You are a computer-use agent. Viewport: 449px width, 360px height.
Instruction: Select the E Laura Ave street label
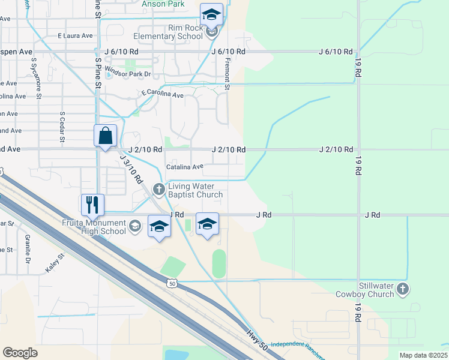tap(75, 35)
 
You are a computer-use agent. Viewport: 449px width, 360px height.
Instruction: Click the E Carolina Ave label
tap(162, 94)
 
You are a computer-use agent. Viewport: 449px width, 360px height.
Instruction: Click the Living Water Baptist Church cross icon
tap(159, 190)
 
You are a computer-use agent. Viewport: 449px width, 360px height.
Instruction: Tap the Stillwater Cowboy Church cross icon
tap(403, 289)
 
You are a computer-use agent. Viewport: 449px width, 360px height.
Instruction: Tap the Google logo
tap(20, 353)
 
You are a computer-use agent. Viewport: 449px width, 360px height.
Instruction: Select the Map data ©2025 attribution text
tap(424, 355)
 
